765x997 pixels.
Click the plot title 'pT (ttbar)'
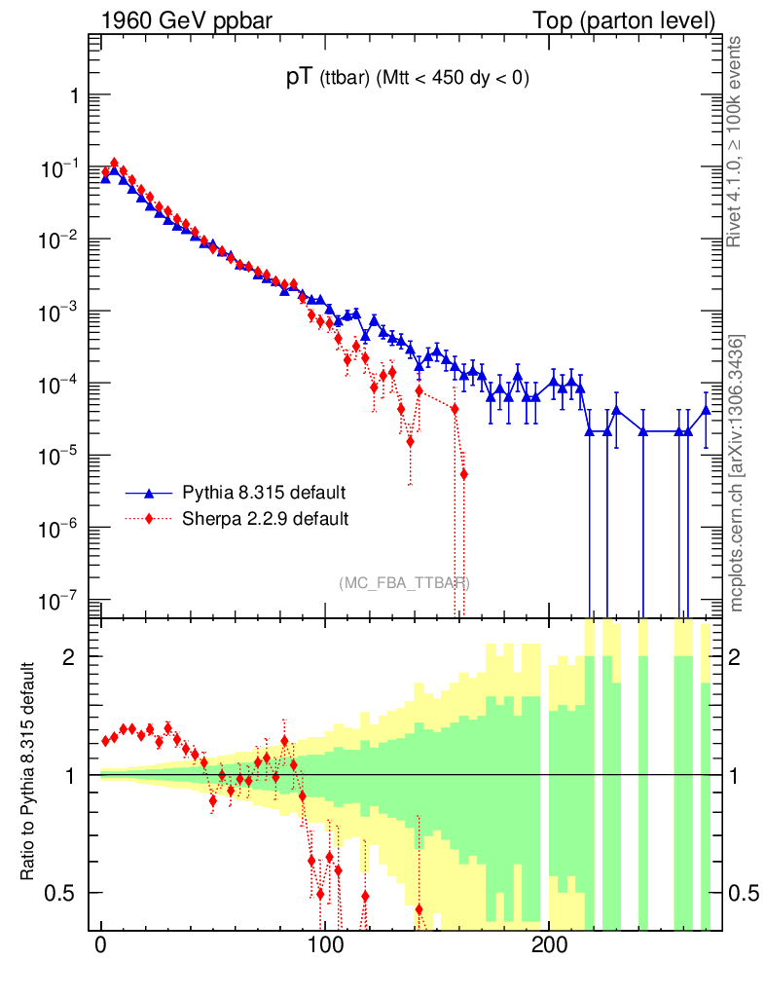[407, 80]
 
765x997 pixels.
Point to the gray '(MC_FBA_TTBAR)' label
[405, 583]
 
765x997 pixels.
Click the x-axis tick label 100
[325, 945]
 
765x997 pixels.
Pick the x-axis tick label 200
[549, 945]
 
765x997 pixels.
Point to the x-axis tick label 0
[101, 945]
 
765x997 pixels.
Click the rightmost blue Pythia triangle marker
[707, 410]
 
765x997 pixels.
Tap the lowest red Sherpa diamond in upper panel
[463, 474]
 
